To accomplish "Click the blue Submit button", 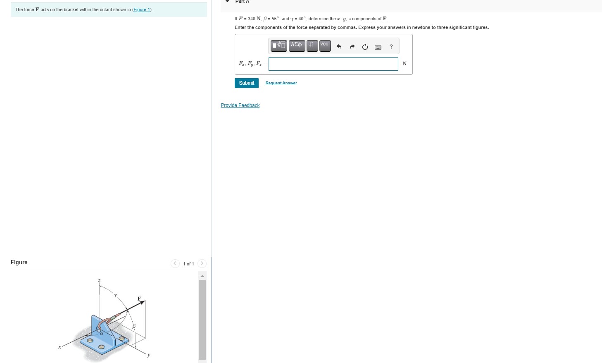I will pos(246,83).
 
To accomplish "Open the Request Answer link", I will pos(281,83).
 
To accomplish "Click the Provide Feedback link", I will pos(240,105).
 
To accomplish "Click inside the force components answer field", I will pos(333,64).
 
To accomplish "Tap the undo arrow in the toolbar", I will pos(339,47).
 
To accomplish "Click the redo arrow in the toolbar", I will pos(352,47).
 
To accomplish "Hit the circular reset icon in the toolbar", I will pos(365,47).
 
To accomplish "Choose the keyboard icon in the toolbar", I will pos(378,47).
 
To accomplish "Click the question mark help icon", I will pos(391,47).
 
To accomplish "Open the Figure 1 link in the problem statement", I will pos(142,10).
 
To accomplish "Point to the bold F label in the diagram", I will pos(139,298).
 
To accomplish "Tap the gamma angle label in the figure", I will pos(116,295).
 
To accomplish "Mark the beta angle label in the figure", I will pos(134,326).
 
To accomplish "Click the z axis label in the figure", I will pos(99,280).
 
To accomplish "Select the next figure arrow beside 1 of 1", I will pos(202,263).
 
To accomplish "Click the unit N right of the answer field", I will pos(405,64).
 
